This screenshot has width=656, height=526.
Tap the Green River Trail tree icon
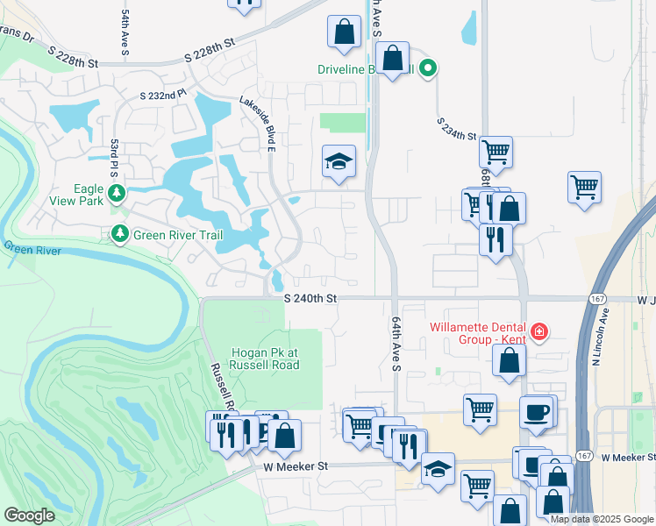pyautogui.click(x=118, y=235)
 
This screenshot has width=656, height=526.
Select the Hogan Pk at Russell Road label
pyautogui.click(x=265, y=359)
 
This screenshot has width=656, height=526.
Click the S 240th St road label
pyautogui.click(x=310, y=299)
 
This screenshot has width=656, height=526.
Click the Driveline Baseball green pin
pyautogui.click(x=428, y=67)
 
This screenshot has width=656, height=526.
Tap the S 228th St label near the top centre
pyautogui.click(x=210, y=49)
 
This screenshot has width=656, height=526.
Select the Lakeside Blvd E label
pyautogui.click(x=258, y=124)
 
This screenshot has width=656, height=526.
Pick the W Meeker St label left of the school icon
pyautogui.click(x=295, y=468)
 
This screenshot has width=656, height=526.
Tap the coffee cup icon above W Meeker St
pyautogui.click(x=536, y=411)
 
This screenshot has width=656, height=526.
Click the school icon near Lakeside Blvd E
pyautogui.click(x=339, y=161)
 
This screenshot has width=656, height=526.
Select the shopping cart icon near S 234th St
pyautogui.click(x=496, y=152)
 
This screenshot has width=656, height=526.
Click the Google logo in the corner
pyautogui.click(x=29, y=515)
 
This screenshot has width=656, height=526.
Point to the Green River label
pyautogui.click(x=32, y=250)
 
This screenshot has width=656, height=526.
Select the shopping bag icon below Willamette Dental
pyautogui.click(x=509, y=359)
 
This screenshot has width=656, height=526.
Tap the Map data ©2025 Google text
pyautogui.click(x=601, y=519)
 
